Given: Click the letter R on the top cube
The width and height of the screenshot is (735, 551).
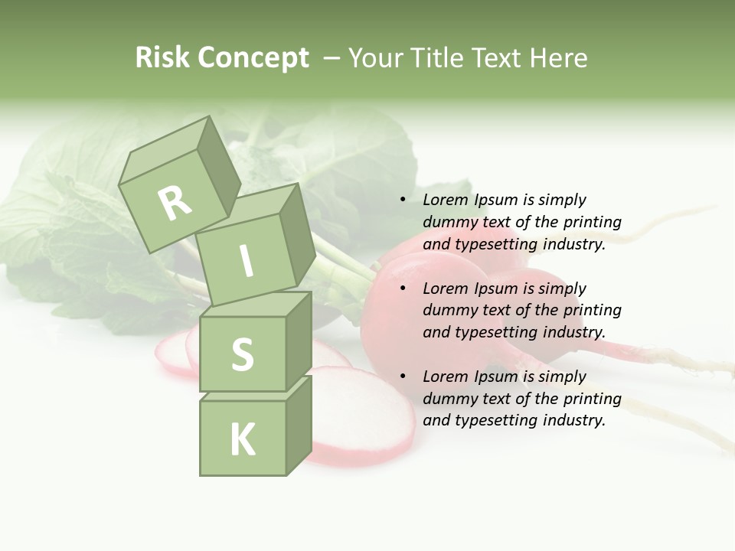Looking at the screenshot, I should [x=175, y=204].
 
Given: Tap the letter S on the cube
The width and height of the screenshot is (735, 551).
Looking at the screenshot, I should [x=242, y=354].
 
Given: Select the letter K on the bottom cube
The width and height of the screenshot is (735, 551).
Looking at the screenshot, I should [x=243, y=439].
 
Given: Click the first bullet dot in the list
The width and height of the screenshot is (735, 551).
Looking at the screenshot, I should [x=403, y=201].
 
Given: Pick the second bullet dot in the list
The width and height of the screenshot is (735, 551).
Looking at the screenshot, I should [x=403, y=289].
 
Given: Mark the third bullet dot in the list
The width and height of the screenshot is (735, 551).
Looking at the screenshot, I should [x=403, y=377].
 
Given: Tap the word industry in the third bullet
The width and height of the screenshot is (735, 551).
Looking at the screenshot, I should [x=573, y=419].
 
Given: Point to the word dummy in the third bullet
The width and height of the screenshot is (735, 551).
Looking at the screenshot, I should [x=446, y=399].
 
